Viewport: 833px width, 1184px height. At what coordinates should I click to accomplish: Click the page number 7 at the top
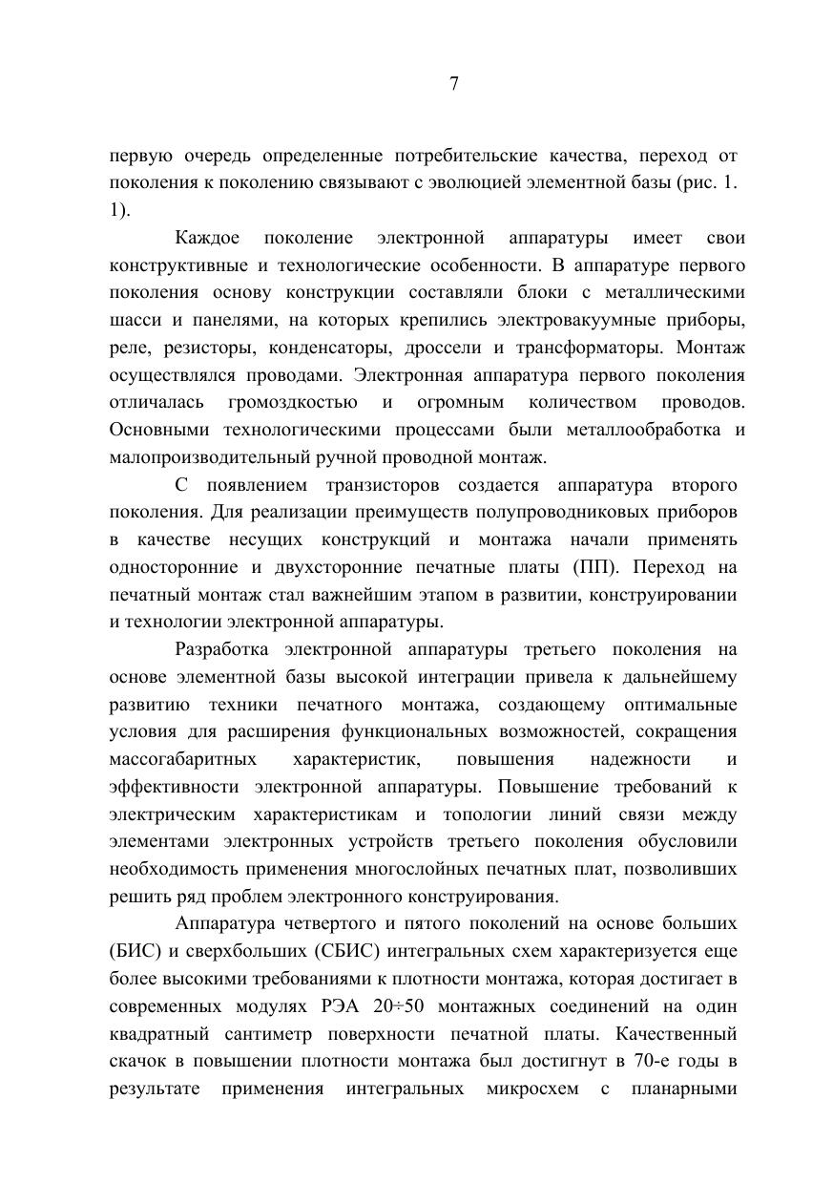[454, 84]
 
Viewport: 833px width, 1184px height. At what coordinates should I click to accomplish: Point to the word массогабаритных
[182, 760]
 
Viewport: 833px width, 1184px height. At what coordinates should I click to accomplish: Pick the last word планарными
[688, 1089]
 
